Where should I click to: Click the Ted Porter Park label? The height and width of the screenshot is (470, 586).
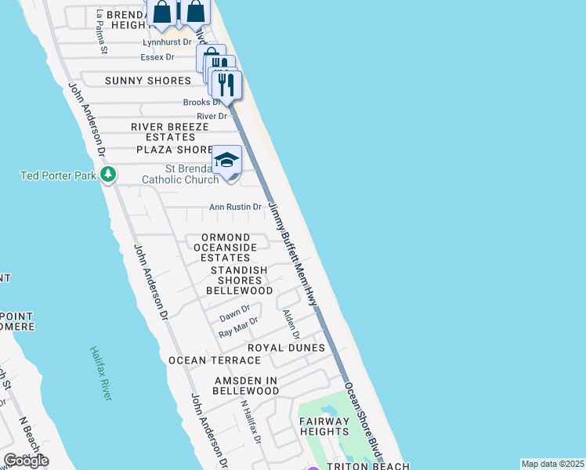tap(57, 175)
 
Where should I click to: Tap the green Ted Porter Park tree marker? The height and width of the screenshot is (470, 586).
tap(110, 174)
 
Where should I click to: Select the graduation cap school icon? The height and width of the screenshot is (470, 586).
tap(226, 160)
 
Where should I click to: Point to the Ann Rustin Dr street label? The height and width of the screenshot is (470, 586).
tap(234, 208)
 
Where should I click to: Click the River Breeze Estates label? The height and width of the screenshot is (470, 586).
tap(170, 132)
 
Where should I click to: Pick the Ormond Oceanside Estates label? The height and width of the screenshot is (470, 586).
tap(225, 248)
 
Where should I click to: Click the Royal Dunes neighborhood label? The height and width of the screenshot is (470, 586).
tap(286, 348)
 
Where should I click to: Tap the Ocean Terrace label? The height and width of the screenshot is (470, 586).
tap(215, 360)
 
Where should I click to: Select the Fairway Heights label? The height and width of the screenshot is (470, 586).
tap(324, 426)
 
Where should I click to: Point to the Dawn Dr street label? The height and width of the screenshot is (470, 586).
tap(234, 313)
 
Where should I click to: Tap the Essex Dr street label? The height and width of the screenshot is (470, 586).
tap(157, 57)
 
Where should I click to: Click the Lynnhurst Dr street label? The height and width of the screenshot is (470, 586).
tap(167, 42)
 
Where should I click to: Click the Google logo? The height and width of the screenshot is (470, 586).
tap(26, 461)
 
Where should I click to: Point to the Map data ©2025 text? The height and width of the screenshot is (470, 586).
tap(552, 464)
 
